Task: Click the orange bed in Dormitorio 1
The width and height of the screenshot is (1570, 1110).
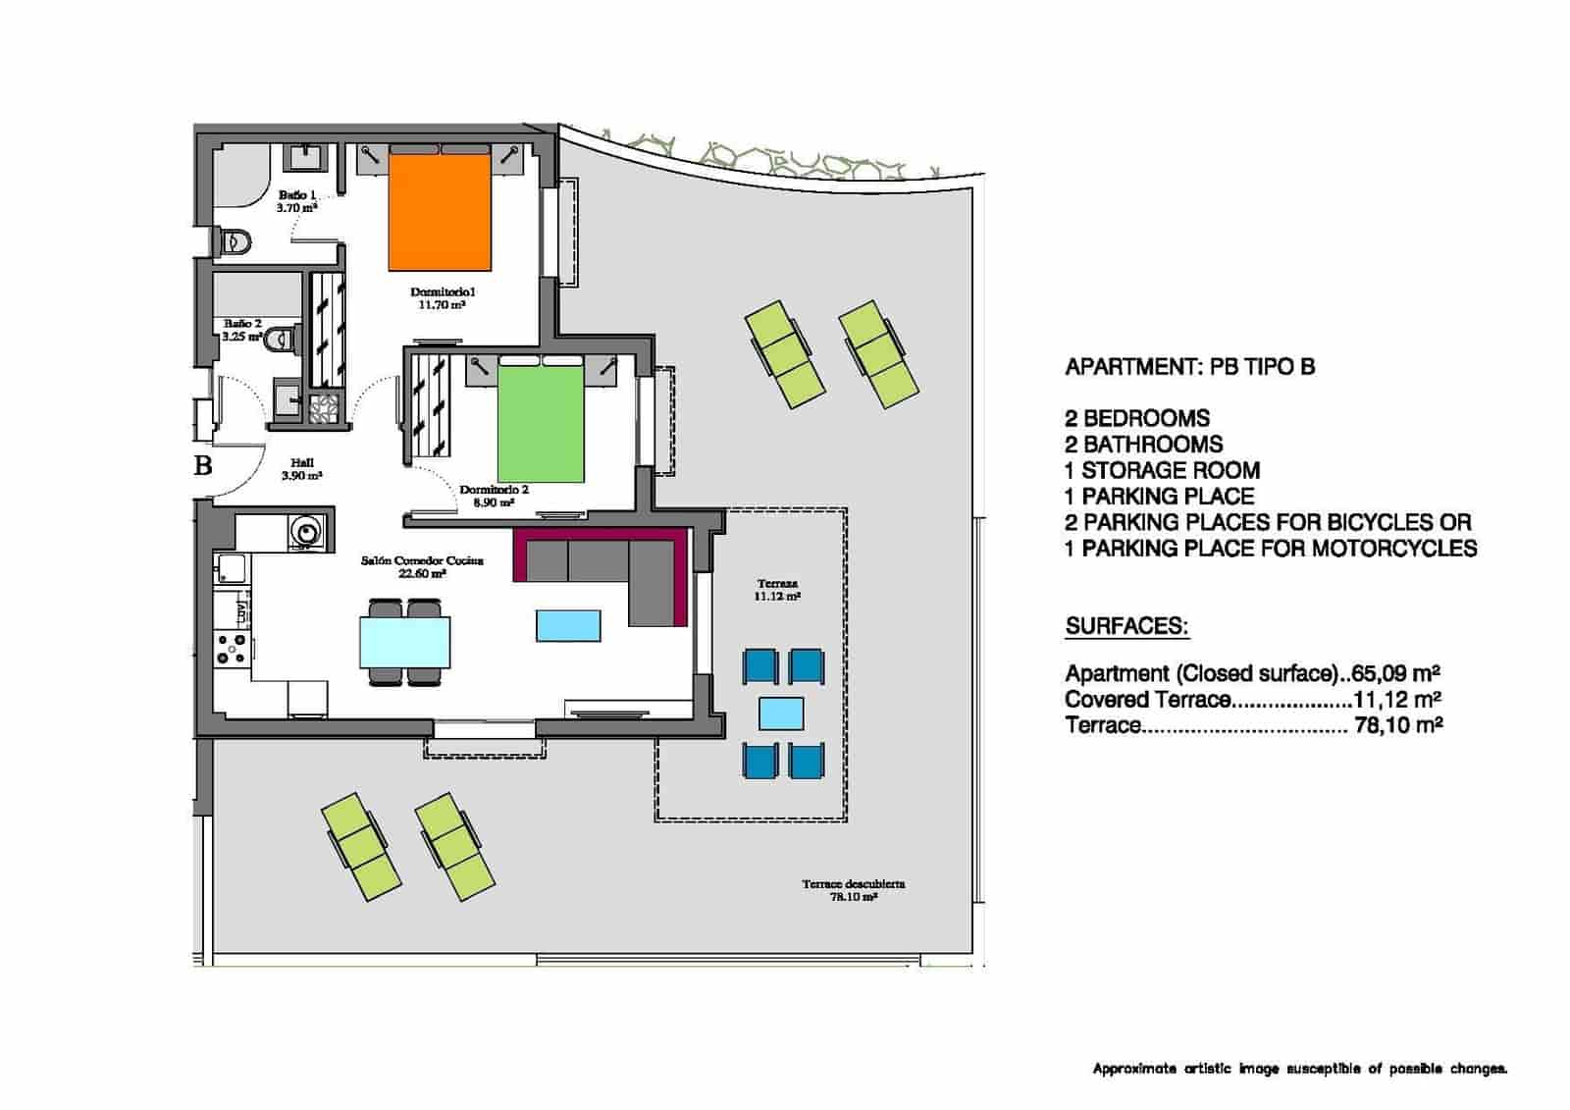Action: pos(440,211)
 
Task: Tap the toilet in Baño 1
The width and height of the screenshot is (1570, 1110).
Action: pos(235,240)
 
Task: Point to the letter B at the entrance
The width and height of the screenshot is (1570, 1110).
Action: pos(203,465)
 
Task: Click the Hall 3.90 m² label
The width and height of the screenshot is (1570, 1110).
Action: pos(301,469)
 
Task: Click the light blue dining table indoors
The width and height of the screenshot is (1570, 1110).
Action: pos(405,642)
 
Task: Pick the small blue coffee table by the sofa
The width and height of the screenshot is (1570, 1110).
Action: pos(568,625)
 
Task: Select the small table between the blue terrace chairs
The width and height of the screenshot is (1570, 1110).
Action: pos(782,714)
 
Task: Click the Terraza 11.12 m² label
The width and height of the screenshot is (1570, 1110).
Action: pos(777,590)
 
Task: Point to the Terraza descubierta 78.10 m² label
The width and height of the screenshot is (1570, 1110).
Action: pos(853,889)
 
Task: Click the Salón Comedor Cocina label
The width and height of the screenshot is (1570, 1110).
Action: pos(422,566)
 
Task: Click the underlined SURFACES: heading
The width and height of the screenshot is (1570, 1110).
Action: pos(1126,626)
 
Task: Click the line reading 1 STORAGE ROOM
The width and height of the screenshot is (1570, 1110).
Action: pos(1163,470)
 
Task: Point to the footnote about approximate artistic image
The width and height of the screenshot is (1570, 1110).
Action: pos(1299,1069)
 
